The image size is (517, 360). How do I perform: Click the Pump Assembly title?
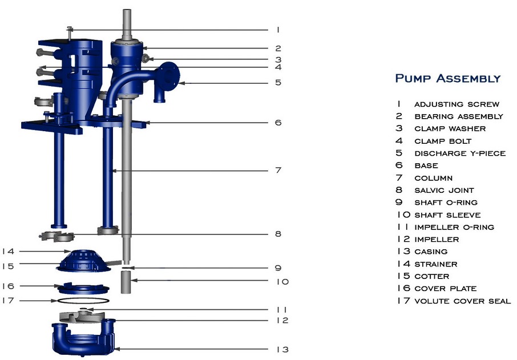447,78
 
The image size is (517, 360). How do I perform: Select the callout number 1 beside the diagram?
277,30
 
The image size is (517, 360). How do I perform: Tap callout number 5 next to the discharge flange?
277,83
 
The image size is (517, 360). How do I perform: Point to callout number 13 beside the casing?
282,349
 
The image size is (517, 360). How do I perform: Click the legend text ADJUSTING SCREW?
457,104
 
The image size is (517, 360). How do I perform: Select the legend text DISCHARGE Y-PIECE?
459,153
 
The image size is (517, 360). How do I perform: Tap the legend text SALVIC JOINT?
444,191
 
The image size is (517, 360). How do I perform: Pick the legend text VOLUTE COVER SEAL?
462,301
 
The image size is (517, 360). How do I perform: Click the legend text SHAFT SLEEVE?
447,215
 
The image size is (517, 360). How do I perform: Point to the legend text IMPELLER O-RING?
454,227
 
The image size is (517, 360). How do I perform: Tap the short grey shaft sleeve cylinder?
127,281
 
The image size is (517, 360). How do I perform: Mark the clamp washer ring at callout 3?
147,58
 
